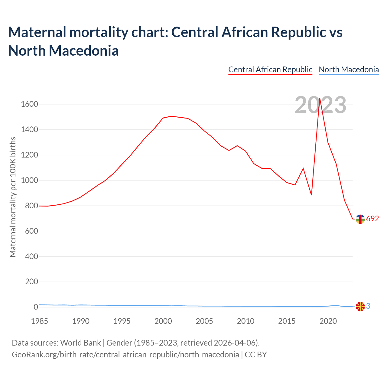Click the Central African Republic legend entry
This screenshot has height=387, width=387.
click(x=270, y=70)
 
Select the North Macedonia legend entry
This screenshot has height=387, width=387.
click(x=349, y=70)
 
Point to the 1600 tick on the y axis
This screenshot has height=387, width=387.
click(x=29, y=104)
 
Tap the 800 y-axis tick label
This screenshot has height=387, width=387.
click(x=31, y=206)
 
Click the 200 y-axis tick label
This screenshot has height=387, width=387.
click(x=31, y=282)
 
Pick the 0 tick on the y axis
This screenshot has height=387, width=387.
click(x=36, y=307)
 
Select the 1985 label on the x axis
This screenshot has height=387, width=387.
click(x=40, y=321)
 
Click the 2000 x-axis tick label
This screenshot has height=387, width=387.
click(x=163, y=321)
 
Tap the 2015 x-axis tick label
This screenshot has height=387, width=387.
click(x=287, y=321)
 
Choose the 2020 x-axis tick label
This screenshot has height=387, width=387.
click(x=328, y=321)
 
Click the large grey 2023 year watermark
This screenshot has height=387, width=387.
click(x=320, y=105)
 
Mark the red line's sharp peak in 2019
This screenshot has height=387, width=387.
click(x=320, y=98)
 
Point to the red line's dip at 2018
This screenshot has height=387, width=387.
click(x=311, y=195)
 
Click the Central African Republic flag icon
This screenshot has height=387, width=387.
click(x=360, y=219)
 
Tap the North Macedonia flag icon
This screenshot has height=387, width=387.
click(x=360, y=307)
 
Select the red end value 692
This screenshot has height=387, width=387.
click(x=372, y=219)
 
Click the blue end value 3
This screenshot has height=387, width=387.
click(x=368, y=306)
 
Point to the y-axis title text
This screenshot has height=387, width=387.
click(x=13, y=197)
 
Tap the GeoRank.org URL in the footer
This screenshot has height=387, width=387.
click(x=125, y=354)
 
